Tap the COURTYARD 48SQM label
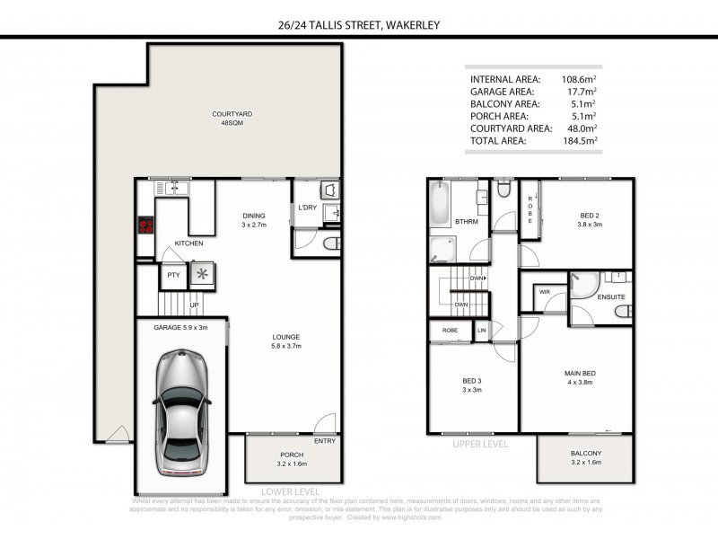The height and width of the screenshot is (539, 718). [x=227, y=119]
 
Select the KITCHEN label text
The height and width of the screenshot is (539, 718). [x=188, y=243]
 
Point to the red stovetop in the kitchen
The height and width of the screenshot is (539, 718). [x=144, y=226]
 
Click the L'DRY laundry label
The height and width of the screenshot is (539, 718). [x=308, y=208]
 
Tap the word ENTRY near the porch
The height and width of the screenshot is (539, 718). [x=325, y=441]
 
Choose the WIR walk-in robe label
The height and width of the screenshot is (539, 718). [x=544, y=292]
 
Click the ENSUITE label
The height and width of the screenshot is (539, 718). [x=610, y=296]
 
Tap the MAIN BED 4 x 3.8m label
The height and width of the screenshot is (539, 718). [x=581, y=378]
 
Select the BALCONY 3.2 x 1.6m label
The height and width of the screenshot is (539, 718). [x=585, y=458]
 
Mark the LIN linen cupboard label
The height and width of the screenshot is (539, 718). [x=482, y=331]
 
